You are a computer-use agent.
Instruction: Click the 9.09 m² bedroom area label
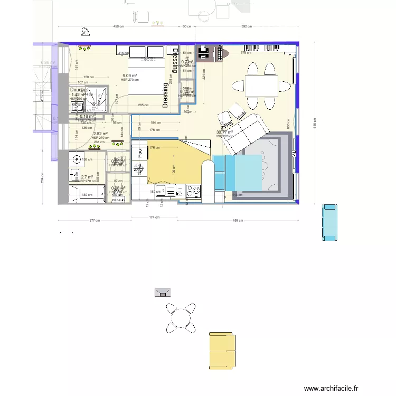click(129, 76)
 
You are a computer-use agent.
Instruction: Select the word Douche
click(78, 90)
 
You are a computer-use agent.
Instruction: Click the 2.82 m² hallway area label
click(100, 134)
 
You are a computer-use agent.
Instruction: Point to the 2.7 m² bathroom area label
click(87, 177)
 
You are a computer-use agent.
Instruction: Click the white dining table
click(261, 85)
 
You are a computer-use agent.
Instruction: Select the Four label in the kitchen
click(140, 153)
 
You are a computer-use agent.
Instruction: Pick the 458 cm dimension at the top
click(118, 26)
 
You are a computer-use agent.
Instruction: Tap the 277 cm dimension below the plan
click(95, 220)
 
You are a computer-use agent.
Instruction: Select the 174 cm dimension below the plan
click(154, 216)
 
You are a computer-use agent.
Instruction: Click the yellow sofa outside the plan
click(222, 351)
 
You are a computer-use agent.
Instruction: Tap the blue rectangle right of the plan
click(330, 222)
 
